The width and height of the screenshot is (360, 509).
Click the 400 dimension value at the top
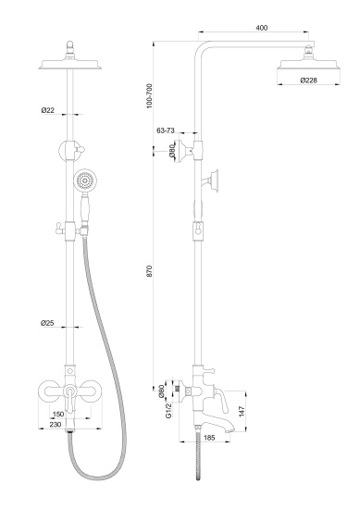[261, 30]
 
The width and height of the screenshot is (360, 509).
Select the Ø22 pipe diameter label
[47, 111]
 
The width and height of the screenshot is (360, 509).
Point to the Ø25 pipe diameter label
[47, 323]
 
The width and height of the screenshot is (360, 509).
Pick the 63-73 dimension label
[167, 131]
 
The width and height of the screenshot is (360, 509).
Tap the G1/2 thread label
[169, 408]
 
